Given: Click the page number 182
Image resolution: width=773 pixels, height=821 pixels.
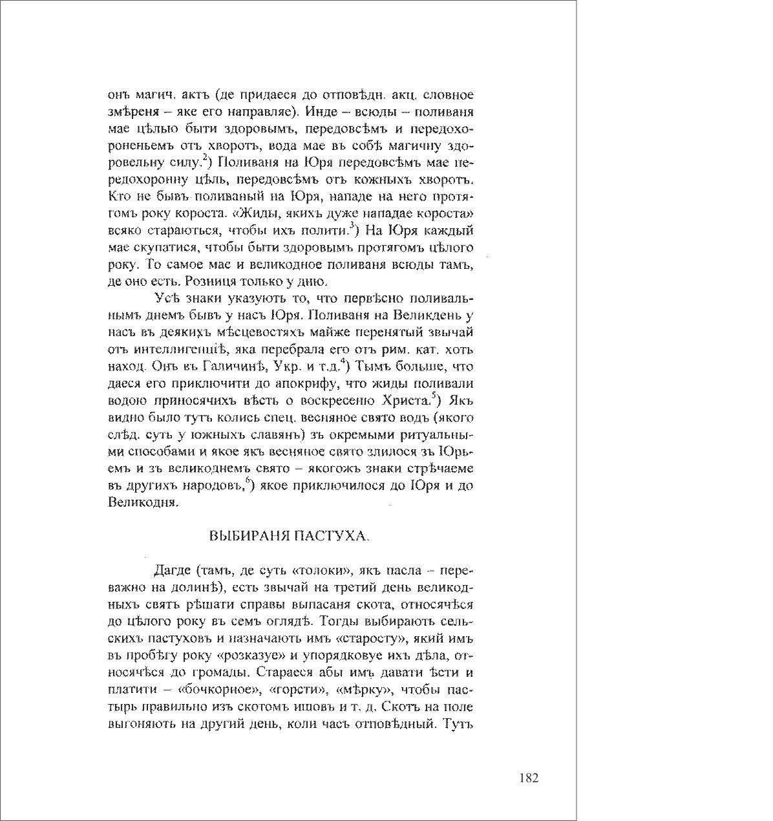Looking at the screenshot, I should coord(528,778).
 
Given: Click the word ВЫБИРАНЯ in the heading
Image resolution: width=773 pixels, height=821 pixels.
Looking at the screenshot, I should coord(249,536).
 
